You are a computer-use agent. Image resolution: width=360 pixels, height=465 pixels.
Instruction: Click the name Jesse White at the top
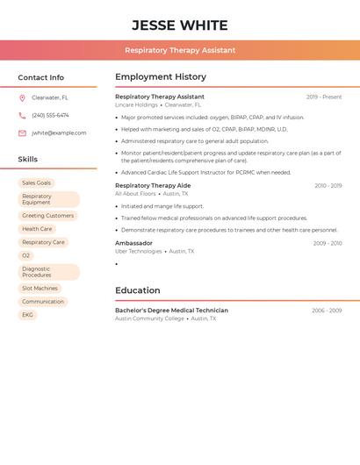point(180,25)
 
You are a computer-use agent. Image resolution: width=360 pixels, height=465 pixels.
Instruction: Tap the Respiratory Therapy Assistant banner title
point(180,50)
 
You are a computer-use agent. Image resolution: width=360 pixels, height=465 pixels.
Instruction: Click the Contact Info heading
point(41,77)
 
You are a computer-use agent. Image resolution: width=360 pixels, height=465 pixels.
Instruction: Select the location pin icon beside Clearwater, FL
point(22,98)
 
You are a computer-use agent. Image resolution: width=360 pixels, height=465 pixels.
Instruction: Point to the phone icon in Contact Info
point(22,116)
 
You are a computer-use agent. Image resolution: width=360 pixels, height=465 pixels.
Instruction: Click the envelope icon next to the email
point(22,133)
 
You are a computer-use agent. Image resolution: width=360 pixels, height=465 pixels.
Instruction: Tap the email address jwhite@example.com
point(59,133)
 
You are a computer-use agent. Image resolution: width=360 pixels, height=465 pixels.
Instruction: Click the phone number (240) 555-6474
point(50,116)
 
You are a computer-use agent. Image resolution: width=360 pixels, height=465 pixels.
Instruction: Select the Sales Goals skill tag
point(37,183)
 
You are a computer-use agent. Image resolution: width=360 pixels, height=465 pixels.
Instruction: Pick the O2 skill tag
point(26,256)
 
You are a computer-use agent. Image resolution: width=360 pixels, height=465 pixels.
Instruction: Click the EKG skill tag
point(28,315)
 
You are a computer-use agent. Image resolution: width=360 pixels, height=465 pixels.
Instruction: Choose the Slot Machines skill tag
point(40,288)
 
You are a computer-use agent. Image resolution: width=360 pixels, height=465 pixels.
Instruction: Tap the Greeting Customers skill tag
point(48,216)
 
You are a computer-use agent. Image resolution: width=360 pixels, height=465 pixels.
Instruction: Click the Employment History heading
point(161,77)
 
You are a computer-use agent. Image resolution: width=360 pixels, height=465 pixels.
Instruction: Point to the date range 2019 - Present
point(324,97)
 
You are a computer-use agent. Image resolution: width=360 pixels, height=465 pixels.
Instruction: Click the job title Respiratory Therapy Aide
point(153,186)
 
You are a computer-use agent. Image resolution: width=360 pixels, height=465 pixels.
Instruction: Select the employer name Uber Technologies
point(139,251)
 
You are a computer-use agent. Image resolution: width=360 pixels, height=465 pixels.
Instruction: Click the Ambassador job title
point(133,243)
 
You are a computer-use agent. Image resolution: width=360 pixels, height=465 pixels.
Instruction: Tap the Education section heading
point(138,290)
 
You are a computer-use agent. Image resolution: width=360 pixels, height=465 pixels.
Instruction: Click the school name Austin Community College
point(150,318)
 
